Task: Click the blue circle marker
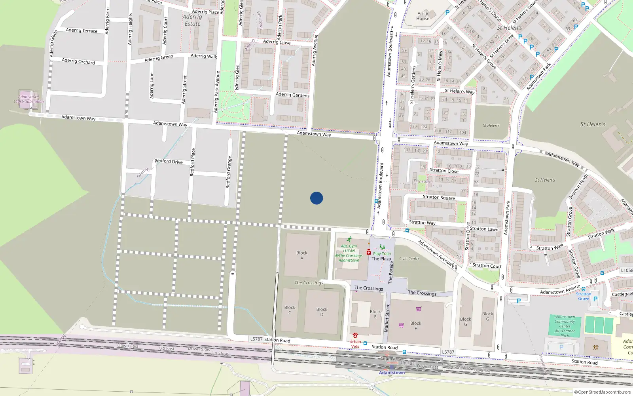tap(316, 198)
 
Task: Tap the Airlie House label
tap(423, 16)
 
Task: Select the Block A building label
tap(301, 255)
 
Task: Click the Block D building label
tap(322, 312)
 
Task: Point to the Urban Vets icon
tap(355, 335)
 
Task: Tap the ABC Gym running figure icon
tap(349, 240)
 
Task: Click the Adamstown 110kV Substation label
tap(28, 99)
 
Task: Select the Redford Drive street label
tap(169, 162)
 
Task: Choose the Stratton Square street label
tap(439, 197)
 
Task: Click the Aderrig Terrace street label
tap(81, 30)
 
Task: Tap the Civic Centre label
tap(409, 259)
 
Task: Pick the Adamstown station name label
tap(392, 373)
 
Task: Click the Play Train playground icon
tap(382, 247)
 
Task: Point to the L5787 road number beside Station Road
tap(256, 339)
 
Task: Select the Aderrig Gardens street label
tap(292, 95)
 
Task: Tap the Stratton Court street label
tap(487, 266)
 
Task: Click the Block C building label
tap(290, 310)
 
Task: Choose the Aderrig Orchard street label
tap(78, 61)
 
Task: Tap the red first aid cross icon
tap(369, 252)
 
